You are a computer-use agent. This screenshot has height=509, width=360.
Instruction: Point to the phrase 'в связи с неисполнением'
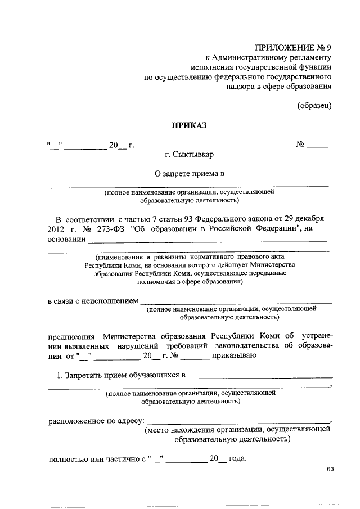pyautogui.click(x=92, y=301)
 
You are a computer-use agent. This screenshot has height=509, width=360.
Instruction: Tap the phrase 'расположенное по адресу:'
pyautogui.click(x=96, y=420)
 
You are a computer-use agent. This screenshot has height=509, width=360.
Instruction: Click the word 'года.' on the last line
pyautogui.click(x=237, y=458)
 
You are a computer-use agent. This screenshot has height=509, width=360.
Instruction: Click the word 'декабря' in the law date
pyautogui.click(x=309, y=218)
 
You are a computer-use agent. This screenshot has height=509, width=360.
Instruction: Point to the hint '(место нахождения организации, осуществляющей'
pyautogui.click(x=236, y=430)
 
